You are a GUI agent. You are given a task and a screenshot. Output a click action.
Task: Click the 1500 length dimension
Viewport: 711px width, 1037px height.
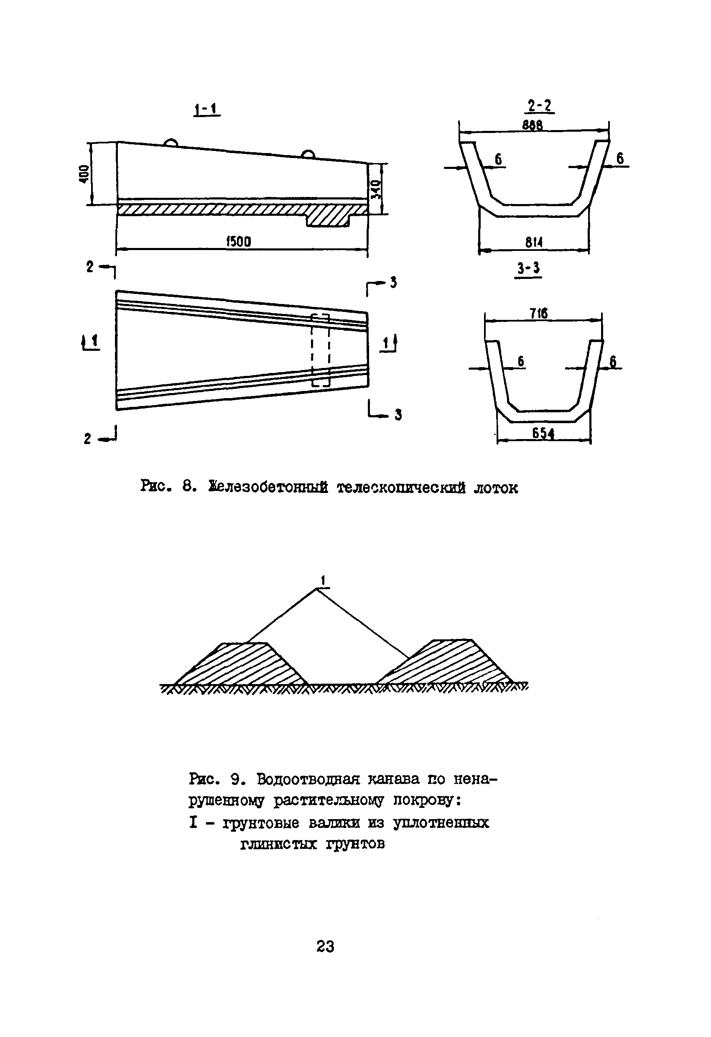[239, 242]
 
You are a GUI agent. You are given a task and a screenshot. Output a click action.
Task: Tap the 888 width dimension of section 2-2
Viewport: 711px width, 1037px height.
[533, 125]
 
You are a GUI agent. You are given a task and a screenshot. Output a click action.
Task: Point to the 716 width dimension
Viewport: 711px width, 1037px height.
[539, 314]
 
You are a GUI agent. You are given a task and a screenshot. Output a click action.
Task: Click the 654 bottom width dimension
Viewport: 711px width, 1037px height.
[543, 433]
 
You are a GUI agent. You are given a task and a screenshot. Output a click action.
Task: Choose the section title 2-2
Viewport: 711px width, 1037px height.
[539, 106]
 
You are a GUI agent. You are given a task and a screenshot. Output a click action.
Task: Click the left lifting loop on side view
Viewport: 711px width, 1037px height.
[170, 143]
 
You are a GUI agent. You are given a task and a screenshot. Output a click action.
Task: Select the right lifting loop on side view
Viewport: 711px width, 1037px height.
[307, 154]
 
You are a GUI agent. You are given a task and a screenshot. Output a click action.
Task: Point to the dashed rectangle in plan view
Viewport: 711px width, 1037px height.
[320, 350]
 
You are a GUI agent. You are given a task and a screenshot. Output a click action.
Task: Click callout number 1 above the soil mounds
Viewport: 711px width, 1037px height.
[323, 580]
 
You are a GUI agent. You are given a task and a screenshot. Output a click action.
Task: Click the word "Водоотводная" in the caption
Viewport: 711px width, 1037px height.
[308, 779]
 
